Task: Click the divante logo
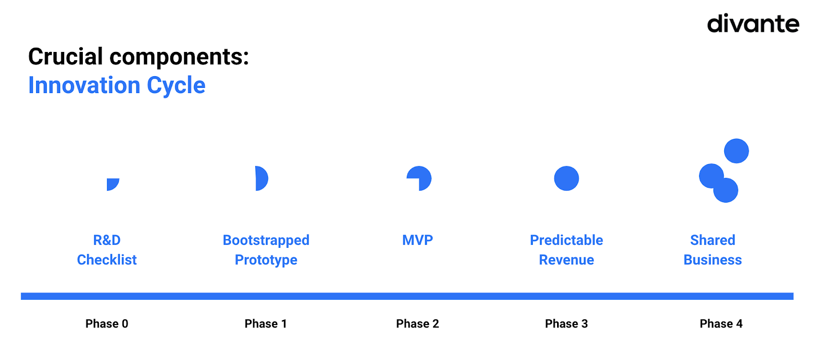pyautogui.click(x=753, y=23)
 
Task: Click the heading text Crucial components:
pyautogui.click(x=138, y=57)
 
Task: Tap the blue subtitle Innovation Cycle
pyautogui.click(x=117, y=85)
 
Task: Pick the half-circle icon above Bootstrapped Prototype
pyautogui.click(x=262, y=178)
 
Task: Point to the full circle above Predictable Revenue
pyautogui.click(x=566, y=178)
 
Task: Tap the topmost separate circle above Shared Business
pyautogui.click(x=736, y=151)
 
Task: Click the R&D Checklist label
pyautogui.click(x=107, y=250)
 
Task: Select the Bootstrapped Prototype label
pyautogui.click(x=266, y=250)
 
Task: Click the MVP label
pyautogui.click(x=418, y=240)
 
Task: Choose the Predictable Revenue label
pyautogui.click(x=566, y=250)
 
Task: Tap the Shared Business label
pyautogui.click(x=713, y=250)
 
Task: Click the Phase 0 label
pyautogui.click(x=107, y=323)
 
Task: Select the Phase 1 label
pyautogui.click(x=265, y=323)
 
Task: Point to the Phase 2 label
pyautogui.click(x=418, y=323)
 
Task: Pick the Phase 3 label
pyautogui.click(x=566, y=323)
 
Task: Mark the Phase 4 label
pyautogui.click(x=721, y=323)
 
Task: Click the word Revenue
pyautogui.click(x=566, y=260)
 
